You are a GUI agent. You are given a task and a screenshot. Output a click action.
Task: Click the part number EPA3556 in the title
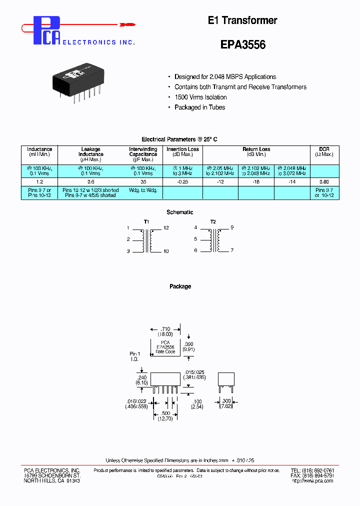[243, 44]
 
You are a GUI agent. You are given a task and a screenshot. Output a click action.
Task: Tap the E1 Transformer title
[242, 20]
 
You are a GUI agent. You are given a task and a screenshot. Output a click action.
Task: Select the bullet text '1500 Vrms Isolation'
[200, 97]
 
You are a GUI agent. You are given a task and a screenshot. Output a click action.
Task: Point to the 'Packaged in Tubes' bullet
[199, 107]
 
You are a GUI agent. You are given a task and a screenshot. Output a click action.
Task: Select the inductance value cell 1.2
[39, 182]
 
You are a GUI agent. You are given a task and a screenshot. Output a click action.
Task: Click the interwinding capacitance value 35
[143, 182]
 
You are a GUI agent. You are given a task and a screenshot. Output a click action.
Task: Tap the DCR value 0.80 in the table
[324, 182]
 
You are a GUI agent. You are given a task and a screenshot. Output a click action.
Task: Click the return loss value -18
[256, 182]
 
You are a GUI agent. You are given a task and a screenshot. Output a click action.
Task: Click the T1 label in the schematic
[146, 221]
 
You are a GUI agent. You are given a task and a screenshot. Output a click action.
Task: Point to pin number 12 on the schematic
[166, 228]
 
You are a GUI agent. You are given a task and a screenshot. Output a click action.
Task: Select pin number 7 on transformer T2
[232, 250]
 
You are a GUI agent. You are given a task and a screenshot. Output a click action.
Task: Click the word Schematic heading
[180, 212]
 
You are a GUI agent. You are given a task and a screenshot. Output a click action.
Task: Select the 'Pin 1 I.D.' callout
[134, 356]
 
